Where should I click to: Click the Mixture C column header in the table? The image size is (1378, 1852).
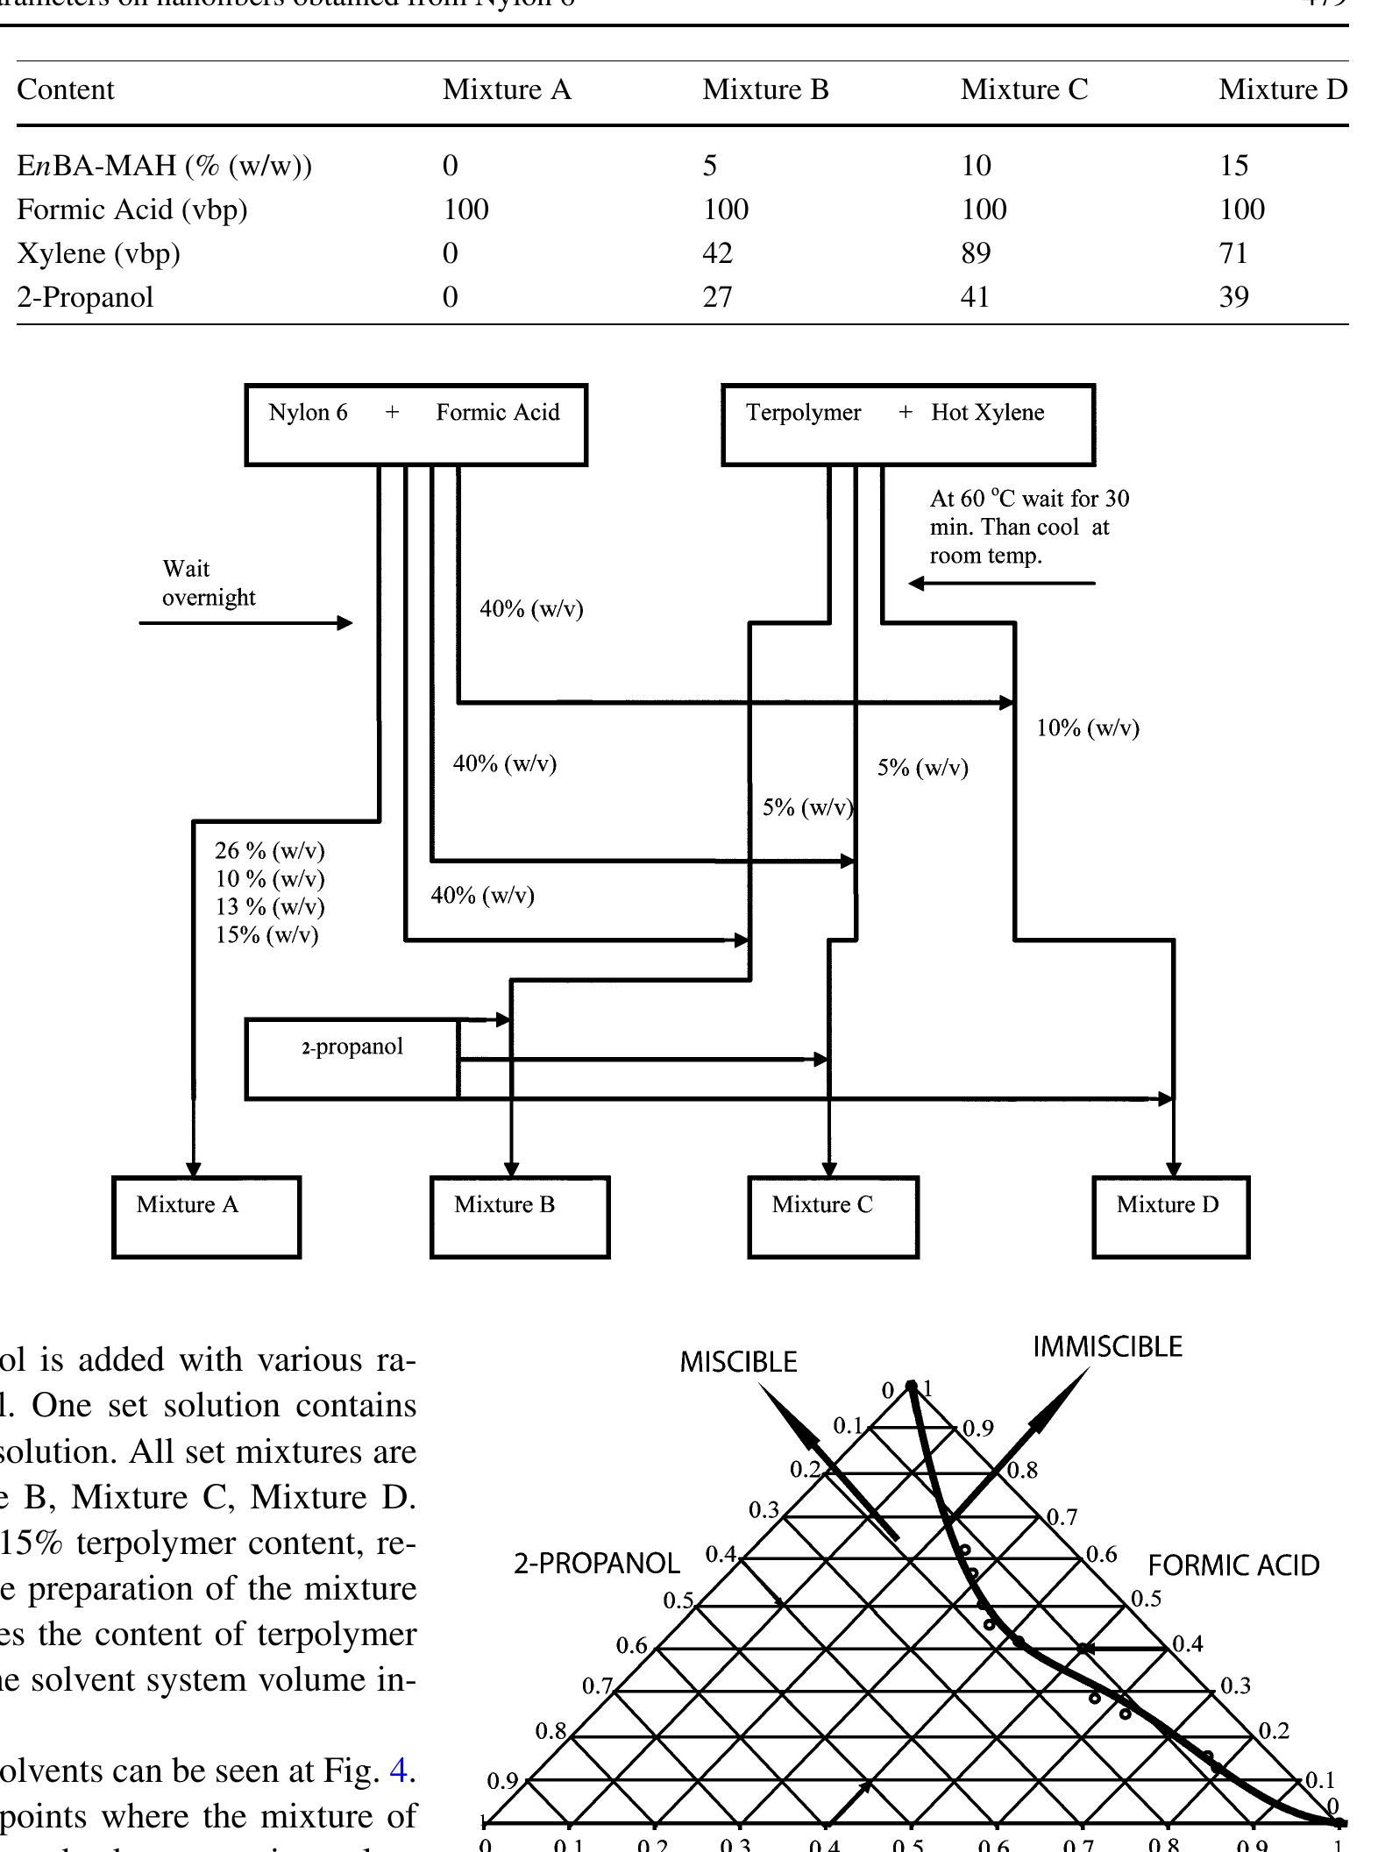1024,89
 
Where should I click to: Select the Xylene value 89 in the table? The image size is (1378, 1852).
976,253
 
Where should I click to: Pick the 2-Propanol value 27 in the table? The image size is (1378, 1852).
717,297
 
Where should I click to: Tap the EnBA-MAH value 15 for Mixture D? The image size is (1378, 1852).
1233,166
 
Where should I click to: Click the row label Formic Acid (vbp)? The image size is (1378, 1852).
132,209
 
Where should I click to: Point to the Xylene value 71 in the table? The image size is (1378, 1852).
1233,253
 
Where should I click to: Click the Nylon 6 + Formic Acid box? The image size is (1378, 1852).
416,424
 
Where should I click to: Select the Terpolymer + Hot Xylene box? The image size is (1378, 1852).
908,424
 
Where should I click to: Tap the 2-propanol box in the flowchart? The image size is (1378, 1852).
352,1058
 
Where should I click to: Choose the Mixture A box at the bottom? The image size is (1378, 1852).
206,1217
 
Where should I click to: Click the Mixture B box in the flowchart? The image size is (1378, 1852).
520,1217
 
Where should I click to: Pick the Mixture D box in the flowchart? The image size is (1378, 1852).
1170,1217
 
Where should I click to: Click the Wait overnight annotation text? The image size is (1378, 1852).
209,583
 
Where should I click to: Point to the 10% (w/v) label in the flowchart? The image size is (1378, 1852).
1088,728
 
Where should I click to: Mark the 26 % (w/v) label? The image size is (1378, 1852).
270,850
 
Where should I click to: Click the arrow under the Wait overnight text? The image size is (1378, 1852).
245,623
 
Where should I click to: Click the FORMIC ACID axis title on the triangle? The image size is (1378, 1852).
1233,1565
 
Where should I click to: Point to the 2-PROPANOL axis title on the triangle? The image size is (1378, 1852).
596,1564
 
